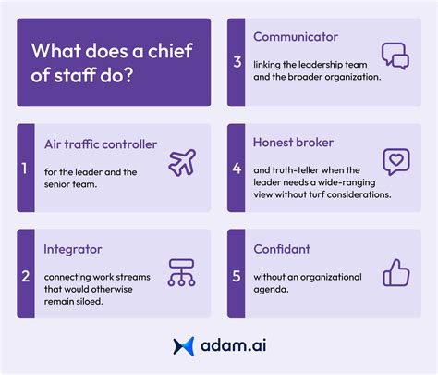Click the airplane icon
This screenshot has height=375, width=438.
tap(182, 162)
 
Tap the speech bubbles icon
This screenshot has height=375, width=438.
tap(395, 57)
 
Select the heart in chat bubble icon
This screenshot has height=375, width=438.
tap(395, 163)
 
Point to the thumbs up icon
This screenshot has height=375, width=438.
tap(395, 270)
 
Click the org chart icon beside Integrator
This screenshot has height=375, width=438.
tap(182, 270)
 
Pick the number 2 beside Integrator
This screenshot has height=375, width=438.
tap(25, 276)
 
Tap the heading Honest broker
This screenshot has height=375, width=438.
tap(294, 144)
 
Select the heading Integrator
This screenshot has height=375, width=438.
tap(75, 249)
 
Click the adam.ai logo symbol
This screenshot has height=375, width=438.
tap(182, 346)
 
